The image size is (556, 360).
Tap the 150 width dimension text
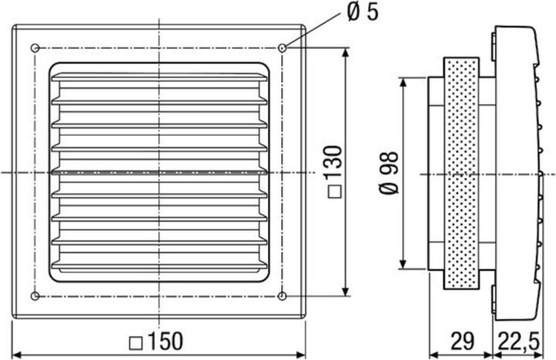pos(165,341)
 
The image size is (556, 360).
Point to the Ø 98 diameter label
pos(389,173)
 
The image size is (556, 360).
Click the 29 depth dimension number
pos(463,341)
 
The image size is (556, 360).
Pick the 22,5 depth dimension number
pos(519,341)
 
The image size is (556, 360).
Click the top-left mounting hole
pos(35,48)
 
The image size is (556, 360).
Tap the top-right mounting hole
pos(282,48)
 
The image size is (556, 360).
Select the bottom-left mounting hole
pos(35,295)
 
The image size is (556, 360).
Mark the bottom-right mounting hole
pos(282,295)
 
